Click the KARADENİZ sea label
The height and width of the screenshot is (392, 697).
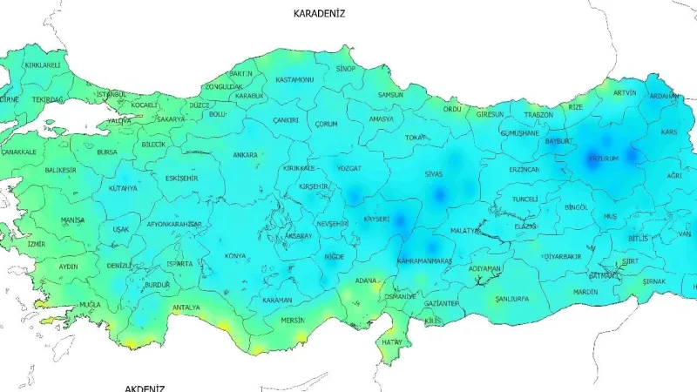coord(319,14)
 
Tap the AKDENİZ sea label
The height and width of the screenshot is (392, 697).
coord(145,388)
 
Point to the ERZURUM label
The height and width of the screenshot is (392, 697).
coord(603,159)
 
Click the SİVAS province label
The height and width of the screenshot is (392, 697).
coord(433,174)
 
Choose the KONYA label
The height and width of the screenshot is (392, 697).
coord(235,256)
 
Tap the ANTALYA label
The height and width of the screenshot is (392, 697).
coord(186,308)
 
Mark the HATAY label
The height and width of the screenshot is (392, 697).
coord(392,341)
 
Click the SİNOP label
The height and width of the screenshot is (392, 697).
coord(346,68)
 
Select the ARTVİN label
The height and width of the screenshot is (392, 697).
coord(625,92)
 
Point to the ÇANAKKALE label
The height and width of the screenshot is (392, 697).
coord(18,152)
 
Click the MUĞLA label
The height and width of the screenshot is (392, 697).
coord(90,304)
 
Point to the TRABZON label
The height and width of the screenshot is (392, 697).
coord(538,114)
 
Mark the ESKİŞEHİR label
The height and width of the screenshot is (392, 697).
coord(181,178)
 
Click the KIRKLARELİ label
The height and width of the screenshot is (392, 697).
coord(43,65)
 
